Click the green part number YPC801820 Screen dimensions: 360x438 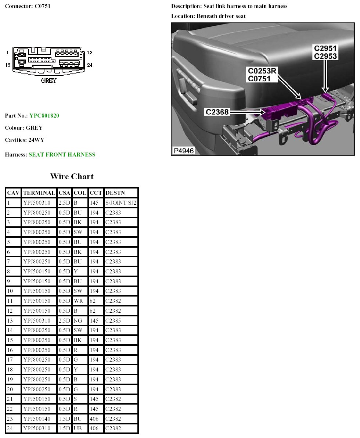click(44, 116)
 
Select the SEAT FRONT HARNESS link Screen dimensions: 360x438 click(62, 155)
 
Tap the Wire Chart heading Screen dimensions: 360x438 click(72, 177)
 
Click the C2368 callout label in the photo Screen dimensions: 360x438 click(217, 112)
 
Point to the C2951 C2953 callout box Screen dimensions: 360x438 click(325, 53)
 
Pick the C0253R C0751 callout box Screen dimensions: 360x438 click(262, 75)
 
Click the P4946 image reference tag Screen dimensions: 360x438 click(183, 151)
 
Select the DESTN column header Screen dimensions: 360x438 click(115, 193)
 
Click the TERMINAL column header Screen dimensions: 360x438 click(39, 193)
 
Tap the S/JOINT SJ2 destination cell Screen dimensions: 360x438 click(121, 202)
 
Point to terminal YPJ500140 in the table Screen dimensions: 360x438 click(39, 419)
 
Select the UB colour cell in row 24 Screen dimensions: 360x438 click(78, 428)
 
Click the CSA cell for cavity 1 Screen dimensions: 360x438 click(64, 202)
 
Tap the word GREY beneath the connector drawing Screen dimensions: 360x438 click(48, 81)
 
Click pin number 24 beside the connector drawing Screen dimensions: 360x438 click(90, 65)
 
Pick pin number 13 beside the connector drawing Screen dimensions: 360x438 click(8, 65)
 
